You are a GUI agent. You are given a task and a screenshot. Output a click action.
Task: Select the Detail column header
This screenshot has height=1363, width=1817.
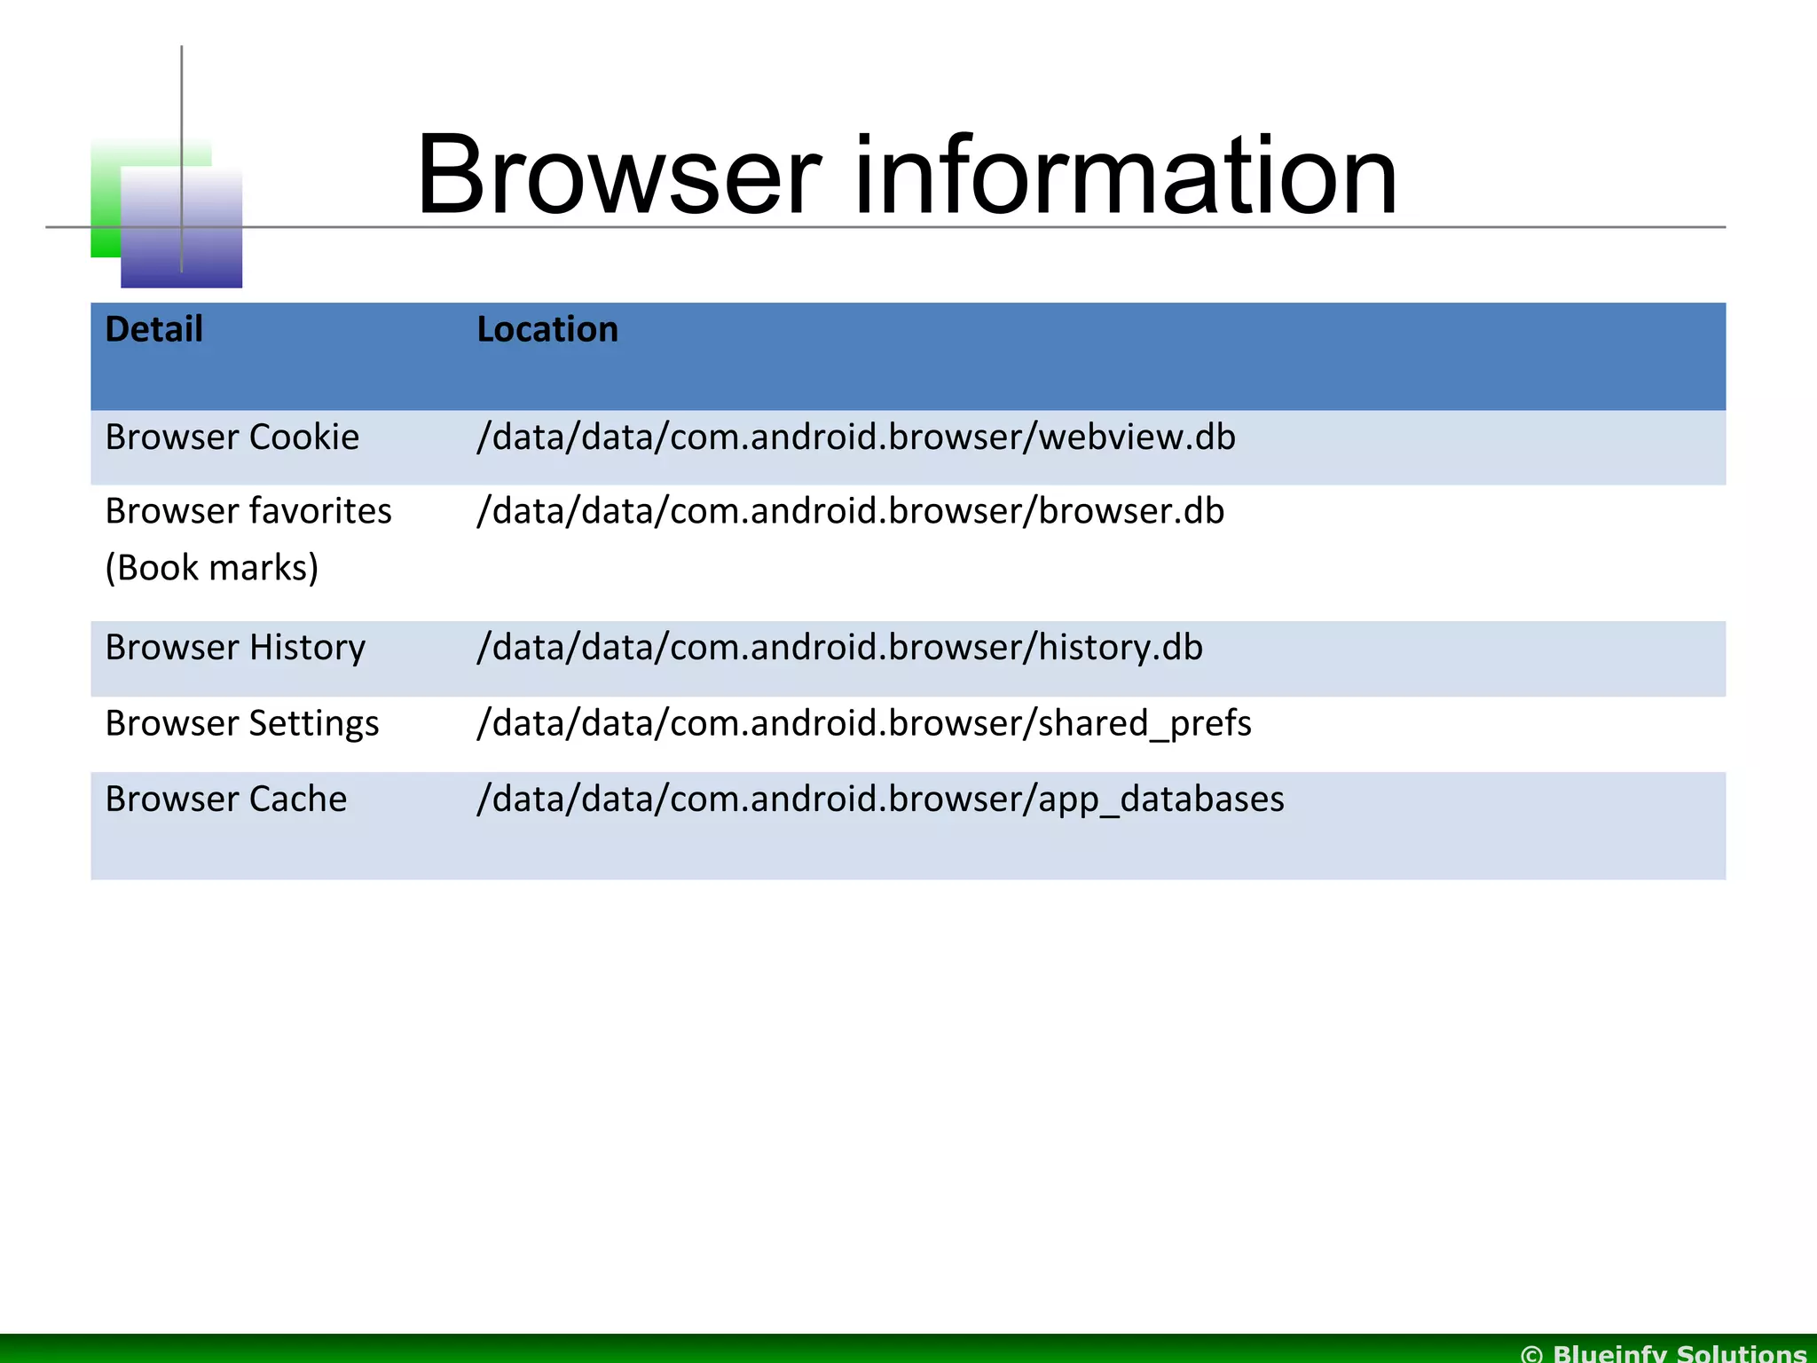point(153,329)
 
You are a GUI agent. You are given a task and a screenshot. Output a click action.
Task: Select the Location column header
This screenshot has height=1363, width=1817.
point(547,329)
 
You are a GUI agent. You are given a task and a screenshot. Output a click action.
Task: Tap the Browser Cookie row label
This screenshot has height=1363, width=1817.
point(232,437)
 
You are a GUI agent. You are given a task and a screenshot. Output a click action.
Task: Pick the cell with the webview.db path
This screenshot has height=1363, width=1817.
point(855,437)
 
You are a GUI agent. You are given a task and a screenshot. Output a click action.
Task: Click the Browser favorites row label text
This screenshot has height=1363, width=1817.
point(248,512)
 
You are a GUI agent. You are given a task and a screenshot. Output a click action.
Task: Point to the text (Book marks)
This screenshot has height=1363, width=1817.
point(211,568)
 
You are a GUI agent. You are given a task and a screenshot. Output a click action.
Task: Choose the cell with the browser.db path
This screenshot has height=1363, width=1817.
point(850,512)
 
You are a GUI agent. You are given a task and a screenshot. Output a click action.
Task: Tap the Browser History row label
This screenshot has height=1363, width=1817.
point(234,648)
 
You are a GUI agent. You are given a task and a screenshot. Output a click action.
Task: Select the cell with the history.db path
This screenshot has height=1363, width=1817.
point(839,648)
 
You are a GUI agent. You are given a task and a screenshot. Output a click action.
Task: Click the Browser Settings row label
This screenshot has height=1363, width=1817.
point(241,724)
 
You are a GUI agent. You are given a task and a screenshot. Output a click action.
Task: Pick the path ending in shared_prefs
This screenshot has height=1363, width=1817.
point(863,724)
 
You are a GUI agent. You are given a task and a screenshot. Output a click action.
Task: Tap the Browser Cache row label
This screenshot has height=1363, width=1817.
point(225,800)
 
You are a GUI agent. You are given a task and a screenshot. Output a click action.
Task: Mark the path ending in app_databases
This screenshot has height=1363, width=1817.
point(880,800)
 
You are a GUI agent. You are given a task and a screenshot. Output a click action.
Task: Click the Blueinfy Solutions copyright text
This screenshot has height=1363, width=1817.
point(1664,1352)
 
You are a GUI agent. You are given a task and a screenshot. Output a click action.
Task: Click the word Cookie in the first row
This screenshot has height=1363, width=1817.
point(303,437)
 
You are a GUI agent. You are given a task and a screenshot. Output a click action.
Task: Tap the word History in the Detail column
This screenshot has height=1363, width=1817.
point(307,648)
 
